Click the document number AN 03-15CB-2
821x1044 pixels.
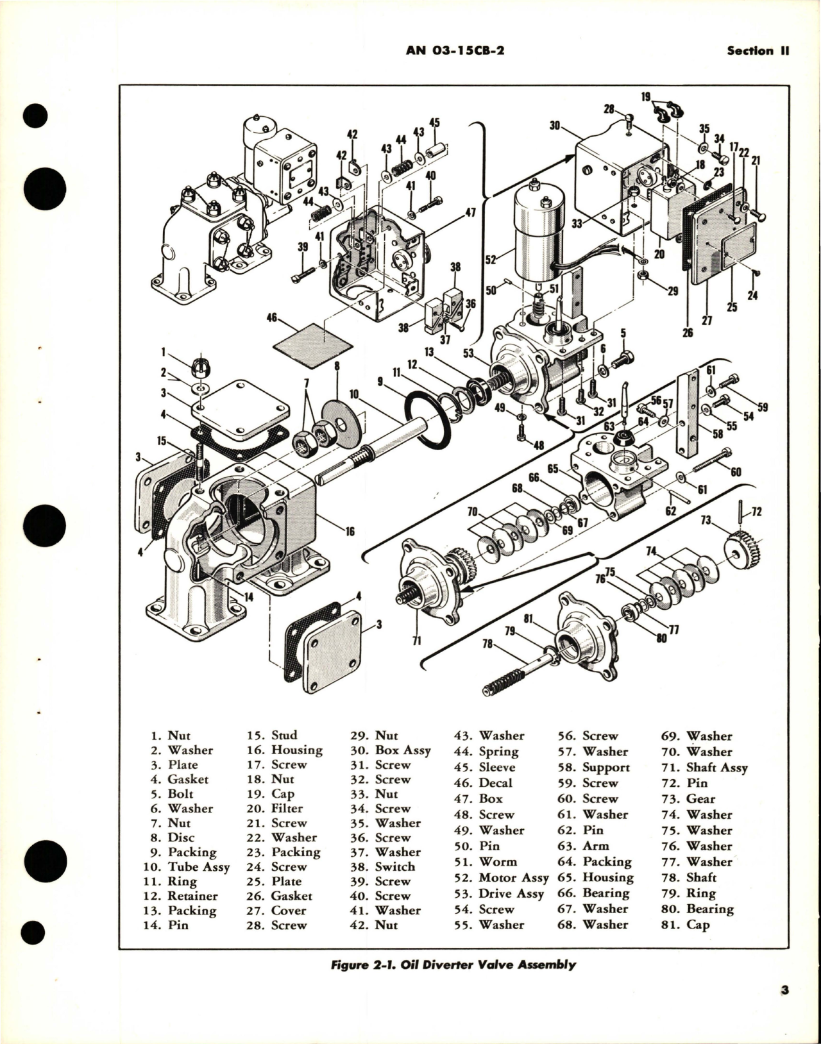tap(455, 51)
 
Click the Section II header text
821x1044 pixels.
tap(758, 51)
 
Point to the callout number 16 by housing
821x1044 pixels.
tap(350, 531)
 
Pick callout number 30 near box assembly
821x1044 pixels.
tap(555, 126)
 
